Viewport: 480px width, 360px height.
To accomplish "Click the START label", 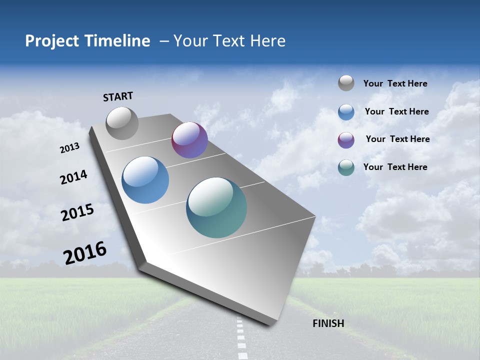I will [x=118, y=96].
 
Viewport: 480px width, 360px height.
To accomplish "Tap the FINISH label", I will [x=328, y=323].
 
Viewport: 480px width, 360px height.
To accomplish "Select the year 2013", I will [x=70, y=148].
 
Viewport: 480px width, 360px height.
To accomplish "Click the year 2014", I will [x=73, y=177].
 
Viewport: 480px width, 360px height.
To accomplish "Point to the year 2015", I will [x=77, y=212].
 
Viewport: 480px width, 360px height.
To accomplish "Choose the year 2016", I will [x=85, y=252].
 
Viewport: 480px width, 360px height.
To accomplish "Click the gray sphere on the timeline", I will [x=122, y=123].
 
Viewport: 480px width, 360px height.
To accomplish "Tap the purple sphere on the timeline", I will [x=189, y=140].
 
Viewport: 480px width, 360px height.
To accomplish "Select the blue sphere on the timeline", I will [x=145, y=180].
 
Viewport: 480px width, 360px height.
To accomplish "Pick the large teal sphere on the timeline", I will [x=216, y=207].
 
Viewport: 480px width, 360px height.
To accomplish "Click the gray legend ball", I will [x=346, y=83].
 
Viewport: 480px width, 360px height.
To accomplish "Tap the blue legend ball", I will [x=346, y=112].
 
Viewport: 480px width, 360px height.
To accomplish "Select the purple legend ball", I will [x=346, y=140].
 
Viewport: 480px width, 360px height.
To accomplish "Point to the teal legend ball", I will [x=346, y=167].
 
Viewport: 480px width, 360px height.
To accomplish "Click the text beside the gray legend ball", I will [x=395, y=84].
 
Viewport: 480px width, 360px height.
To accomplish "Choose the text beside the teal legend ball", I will [x=395, y=167].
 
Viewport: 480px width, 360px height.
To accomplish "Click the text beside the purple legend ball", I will [x=397, y=139].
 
